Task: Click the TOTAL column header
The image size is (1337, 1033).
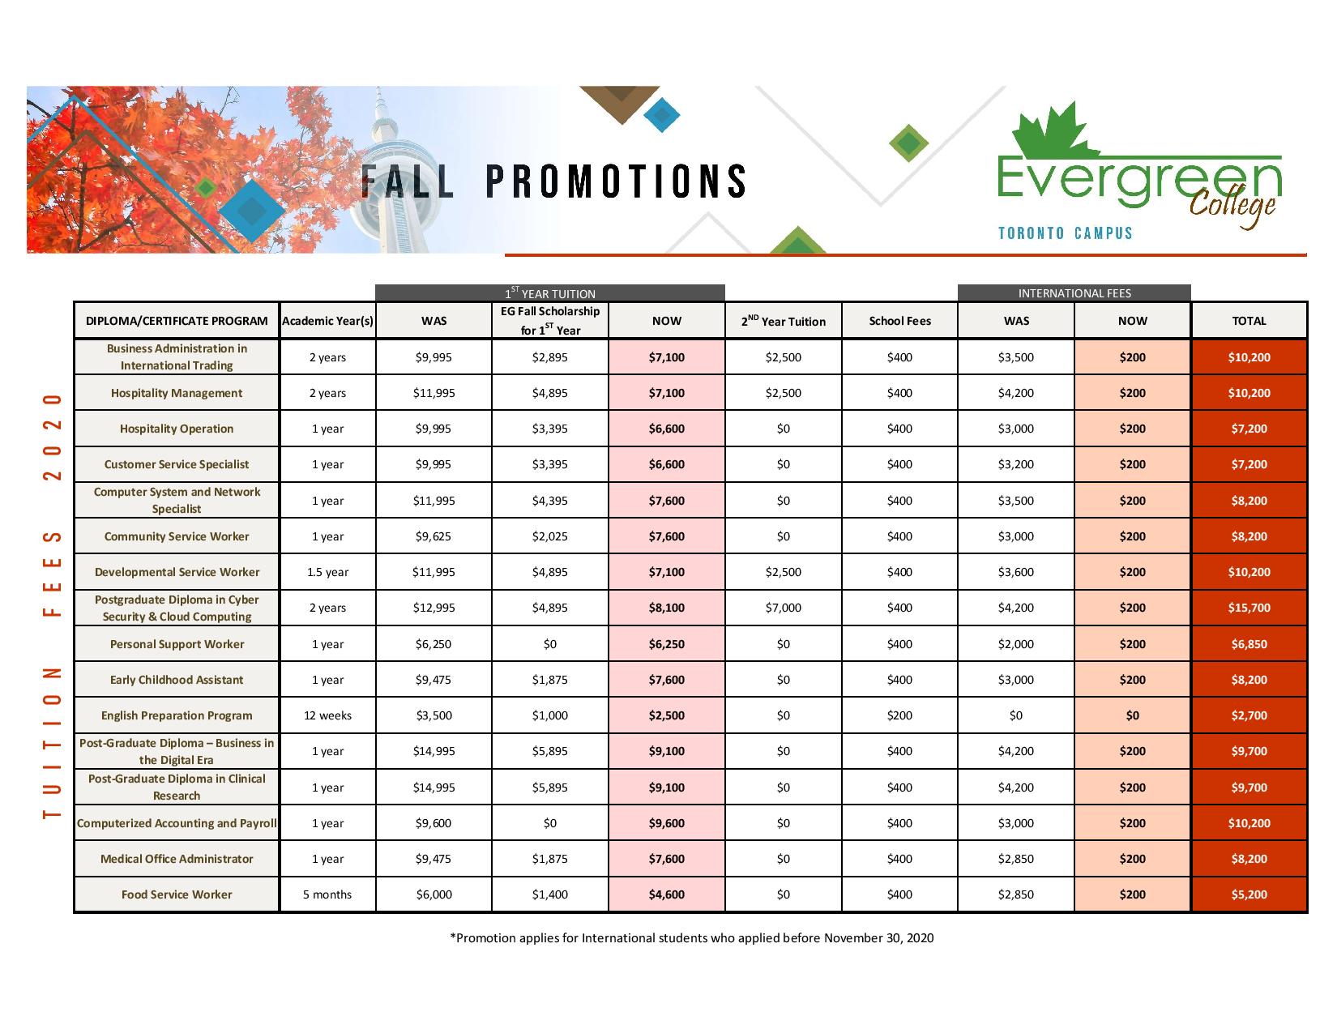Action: pos(1249,321)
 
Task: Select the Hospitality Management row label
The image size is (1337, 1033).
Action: pos(177,393)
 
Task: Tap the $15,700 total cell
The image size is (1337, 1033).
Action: pos(1249,608)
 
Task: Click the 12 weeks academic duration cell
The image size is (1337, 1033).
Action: pos(327,715)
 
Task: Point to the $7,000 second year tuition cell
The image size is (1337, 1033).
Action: pos(783,608)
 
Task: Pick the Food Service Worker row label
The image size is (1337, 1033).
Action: pos(177,894)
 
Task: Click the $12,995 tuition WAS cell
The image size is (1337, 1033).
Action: pos(434,608)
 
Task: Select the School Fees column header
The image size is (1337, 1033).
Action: pos(899,321)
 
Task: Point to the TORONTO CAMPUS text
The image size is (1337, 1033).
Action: pos(1065,233)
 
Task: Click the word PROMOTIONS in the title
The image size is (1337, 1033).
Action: pos(616,181)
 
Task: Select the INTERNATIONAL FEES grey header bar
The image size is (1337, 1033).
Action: pos(1074,293)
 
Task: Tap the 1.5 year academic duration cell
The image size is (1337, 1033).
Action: pos(327,572)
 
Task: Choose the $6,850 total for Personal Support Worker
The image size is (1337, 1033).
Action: pos(1249,644)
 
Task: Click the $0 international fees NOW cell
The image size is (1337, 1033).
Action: pos(1132,715)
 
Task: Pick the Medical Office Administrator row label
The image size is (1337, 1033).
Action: pos(177,859)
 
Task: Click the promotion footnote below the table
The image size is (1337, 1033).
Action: pos(691,938)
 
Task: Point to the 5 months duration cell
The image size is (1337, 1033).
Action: pos(327,894)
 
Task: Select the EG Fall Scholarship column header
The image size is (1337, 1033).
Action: pos(550,321)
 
